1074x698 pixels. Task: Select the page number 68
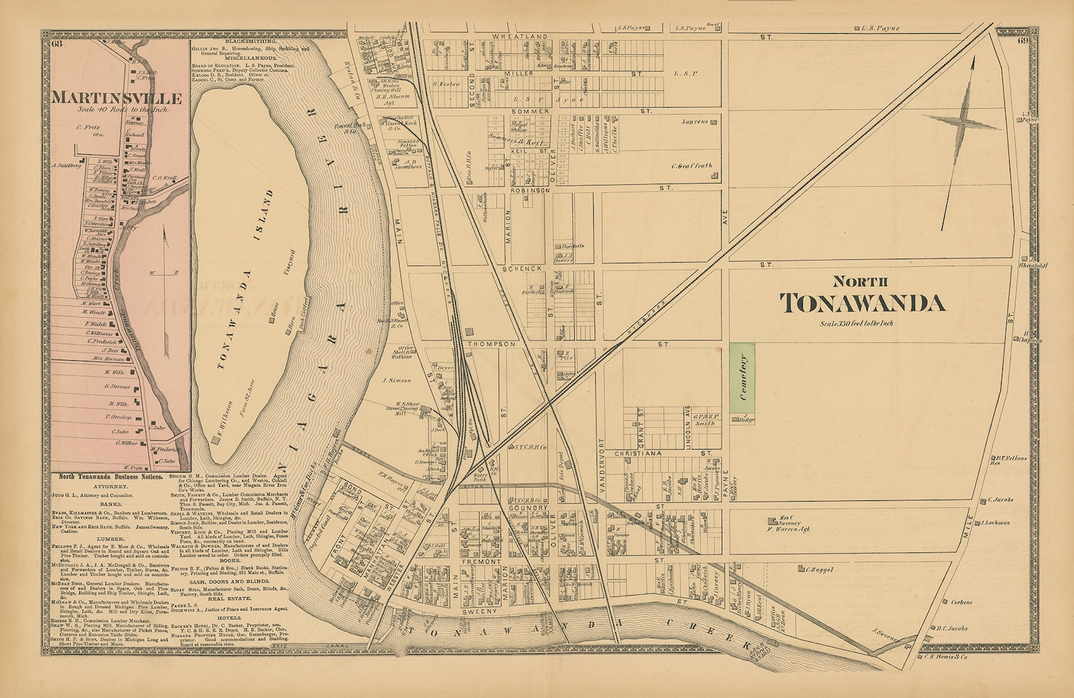[55, 45]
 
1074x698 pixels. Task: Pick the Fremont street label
[482, 562]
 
